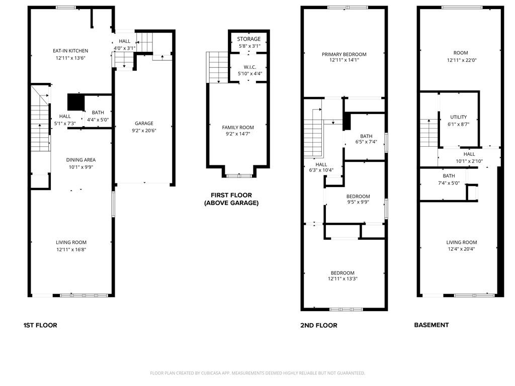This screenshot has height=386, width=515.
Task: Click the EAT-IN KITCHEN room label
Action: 70,51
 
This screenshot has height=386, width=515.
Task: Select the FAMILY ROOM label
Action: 238,128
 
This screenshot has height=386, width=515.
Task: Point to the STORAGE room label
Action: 249,39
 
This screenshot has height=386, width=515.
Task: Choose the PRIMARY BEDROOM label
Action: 344,54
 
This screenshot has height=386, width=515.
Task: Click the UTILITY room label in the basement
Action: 459,117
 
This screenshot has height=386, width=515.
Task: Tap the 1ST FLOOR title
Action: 40,325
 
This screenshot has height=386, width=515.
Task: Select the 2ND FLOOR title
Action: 319,325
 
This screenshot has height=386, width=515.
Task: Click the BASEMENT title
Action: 431,325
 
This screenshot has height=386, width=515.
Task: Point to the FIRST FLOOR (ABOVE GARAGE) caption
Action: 231,199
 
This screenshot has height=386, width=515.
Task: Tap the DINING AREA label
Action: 80,160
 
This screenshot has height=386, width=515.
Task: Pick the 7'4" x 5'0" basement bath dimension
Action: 449,183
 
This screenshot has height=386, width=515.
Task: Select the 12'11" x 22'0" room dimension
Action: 460,60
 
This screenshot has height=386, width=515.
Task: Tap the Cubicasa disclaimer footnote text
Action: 257,373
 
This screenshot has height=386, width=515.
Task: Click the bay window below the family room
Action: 239,175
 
